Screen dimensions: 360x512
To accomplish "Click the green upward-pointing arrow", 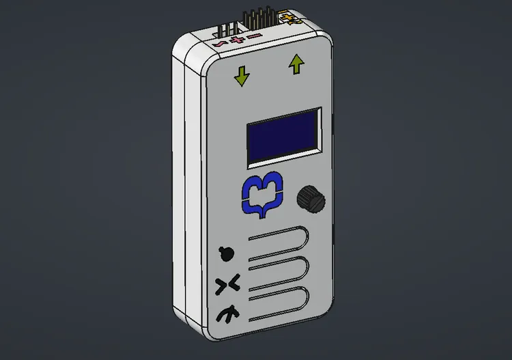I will tap(296, 65).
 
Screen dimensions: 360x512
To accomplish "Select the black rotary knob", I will tap(311, 199).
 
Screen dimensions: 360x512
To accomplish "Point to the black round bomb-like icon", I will tap(226, 253).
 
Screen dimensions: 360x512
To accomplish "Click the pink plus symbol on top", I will tap(237, 40).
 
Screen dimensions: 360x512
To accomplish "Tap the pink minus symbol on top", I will tap(253, 36).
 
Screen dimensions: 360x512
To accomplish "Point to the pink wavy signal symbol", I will tap(220, 44).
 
